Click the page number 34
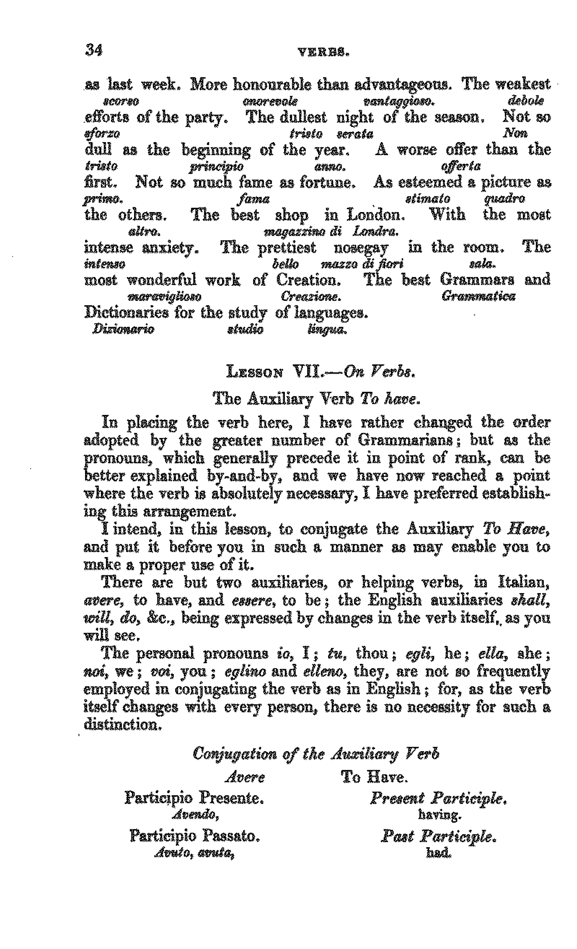coord(94,50)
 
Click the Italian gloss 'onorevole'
coord(270,102)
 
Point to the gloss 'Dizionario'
coord(123,330)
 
